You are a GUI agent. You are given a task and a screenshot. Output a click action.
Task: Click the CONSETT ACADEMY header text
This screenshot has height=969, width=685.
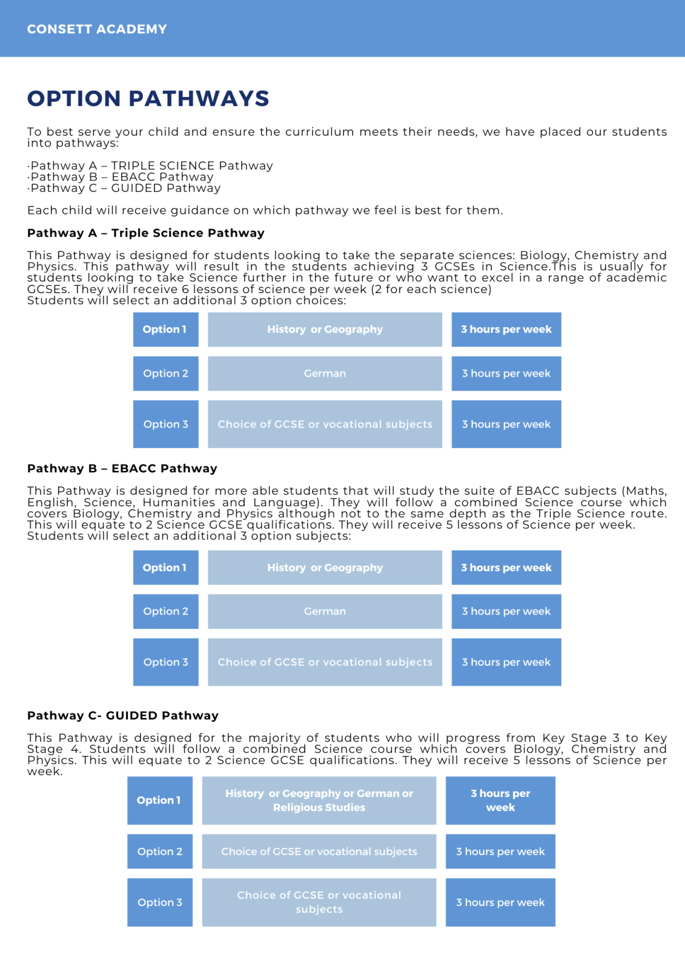(x=97, y=29)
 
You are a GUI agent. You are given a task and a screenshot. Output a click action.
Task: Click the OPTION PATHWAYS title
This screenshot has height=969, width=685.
(x=148, y=99)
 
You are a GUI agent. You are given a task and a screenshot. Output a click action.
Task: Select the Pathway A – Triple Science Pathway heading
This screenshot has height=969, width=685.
(x=146, y=233)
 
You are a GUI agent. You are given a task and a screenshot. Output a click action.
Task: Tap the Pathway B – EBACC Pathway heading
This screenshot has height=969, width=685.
(x=122, y=468)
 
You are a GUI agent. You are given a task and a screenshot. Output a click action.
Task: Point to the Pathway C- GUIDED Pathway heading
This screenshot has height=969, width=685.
(x=123, y=715)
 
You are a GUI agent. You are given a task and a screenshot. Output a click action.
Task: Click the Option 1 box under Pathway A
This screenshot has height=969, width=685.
(x=165, y=329)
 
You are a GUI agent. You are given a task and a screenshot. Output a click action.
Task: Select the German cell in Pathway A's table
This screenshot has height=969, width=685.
(x=325, y=374)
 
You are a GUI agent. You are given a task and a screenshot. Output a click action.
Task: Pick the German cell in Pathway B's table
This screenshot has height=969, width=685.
(x=325, y=612)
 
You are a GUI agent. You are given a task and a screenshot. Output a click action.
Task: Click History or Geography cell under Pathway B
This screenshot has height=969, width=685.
(x=325, y=567)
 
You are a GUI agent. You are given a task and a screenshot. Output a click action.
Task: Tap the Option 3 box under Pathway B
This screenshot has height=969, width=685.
(x=165, y=662)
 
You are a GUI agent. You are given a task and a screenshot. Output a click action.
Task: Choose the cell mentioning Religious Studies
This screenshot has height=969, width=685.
(x=319, y=800)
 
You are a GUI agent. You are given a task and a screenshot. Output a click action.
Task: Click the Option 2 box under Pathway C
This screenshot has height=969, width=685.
(x=160, y=852)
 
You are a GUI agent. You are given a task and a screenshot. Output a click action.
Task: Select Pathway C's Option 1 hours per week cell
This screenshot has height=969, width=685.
(x=500, y=800)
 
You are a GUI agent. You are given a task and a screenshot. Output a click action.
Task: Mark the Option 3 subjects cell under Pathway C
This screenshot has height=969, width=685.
(x=319, y=902)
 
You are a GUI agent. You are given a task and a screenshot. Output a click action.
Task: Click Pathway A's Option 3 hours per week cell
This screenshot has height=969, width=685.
(x=506, y=424)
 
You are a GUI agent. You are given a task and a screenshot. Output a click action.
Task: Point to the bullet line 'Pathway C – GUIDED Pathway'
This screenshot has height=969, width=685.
(x=125, y=188)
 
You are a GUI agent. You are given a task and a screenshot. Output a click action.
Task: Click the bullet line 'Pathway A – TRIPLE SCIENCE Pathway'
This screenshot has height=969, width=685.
(x=151, y=166)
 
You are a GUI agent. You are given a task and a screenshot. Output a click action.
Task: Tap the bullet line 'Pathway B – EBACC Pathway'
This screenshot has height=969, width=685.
(x=122, y=177)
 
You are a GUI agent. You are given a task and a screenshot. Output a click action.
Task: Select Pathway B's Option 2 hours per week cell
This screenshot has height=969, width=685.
(x=506, y=612)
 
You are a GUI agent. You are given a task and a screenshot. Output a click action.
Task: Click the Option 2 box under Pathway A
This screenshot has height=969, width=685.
(x=165, y=374)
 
